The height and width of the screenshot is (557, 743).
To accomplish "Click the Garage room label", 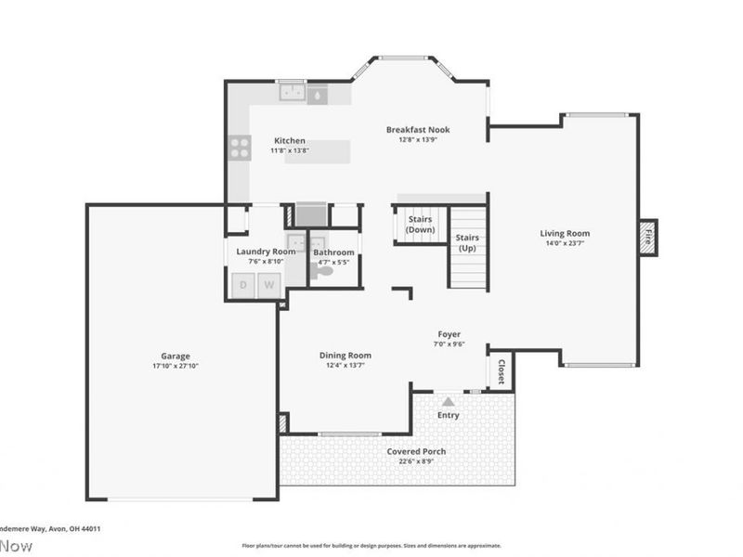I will pyautogui.click(x=175, y=356).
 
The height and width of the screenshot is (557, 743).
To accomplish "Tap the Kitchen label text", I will pyautogui.click(x=289, y=141).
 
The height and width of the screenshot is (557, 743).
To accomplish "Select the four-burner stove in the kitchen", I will pyautogui.click(x=241, y=147).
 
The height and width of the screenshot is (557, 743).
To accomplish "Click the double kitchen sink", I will pyautogui.click(x=293, y=92).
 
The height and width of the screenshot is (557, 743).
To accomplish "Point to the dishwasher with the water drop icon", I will pyautogui.click(x=318, y=94).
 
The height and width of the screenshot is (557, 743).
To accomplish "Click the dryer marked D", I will pyautogui.click(x=243, y=285).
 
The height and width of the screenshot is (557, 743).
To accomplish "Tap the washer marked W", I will pyautogui.click(x=268, y=285).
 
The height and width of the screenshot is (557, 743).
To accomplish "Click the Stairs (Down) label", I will pyautogui.click(x=420, y=224).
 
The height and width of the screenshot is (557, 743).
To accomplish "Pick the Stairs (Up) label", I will pyautogui.click(x=467, y=243).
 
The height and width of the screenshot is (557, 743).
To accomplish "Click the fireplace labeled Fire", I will pyautogui.click(x=648, y=238).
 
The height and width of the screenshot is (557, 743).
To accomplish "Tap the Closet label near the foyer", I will pyautogui.click(x=502, y=371).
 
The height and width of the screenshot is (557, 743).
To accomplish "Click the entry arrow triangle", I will pyautogui.click(x=449, y=401).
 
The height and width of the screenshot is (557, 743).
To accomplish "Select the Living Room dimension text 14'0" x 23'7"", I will pyautogui.click(x=565, y=244).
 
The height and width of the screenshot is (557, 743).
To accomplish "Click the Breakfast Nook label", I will pyautogui.click(x=418, y=130).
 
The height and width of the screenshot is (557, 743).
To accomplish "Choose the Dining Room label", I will pyautogui.click(x=345, y=355).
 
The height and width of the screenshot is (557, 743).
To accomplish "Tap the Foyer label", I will pyautogui.click(x=450, y=334).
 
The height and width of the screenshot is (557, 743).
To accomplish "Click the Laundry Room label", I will pyautogui.click(x=266, y=252).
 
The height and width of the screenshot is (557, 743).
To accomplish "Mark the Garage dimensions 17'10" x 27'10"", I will pyautogui.click(x=175, y=366).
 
